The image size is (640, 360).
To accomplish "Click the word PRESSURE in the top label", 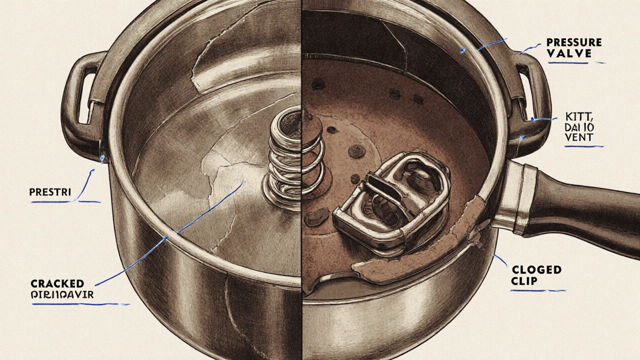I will pos(574,42).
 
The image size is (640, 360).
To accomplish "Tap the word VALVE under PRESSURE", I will pos(570,53).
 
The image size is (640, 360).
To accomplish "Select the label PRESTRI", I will pos(50,191).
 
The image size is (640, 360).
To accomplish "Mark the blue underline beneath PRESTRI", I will pos(65,202).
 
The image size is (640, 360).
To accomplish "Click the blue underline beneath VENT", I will pos(584,146).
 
